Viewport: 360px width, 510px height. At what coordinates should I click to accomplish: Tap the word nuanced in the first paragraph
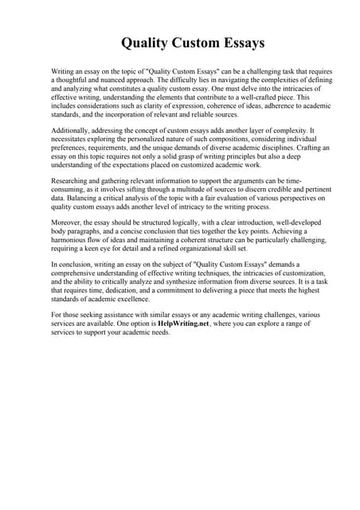pos(130,80)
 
